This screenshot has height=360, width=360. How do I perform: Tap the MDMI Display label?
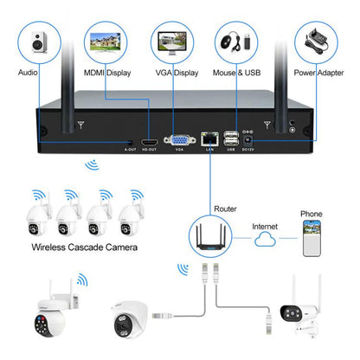107,74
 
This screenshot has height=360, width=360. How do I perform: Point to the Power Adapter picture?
318,43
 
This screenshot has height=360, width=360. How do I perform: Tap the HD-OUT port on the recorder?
149,138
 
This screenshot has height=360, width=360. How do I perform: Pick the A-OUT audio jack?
130,139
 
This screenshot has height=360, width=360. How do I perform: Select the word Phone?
312,213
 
